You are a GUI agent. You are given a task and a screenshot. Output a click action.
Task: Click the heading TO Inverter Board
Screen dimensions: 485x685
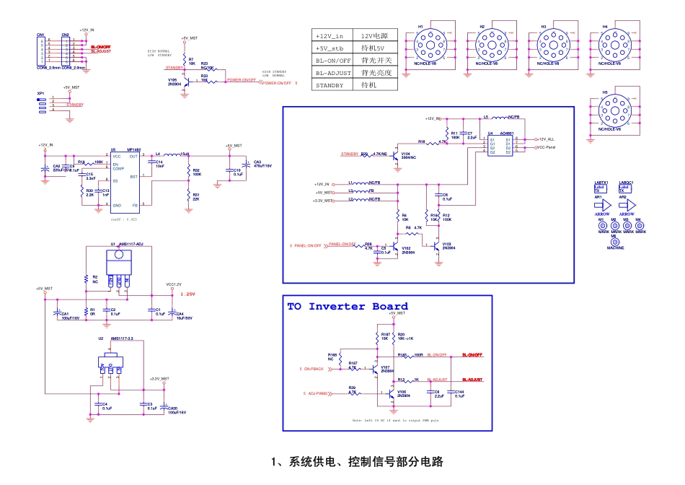(x=348, y=307)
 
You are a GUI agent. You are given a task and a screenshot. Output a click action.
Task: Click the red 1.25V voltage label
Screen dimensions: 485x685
(x=188, y=294)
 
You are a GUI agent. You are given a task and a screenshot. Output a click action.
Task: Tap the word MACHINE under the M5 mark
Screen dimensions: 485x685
(x=615, y=248)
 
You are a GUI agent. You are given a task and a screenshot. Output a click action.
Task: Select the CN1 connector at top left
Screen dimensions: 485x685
(x=42, y=50)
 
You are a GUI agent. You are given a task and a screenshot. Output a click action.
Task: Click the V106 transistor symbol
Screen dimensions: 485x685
(x=381, y=394)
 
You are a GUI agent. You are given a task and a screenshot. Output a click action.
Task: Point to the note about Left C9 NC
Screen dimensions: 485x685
(x=395, y=419)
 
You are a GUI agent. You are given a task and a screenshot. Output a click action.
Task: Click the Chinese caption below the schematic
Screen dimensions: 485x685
(x=356, y=462)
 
